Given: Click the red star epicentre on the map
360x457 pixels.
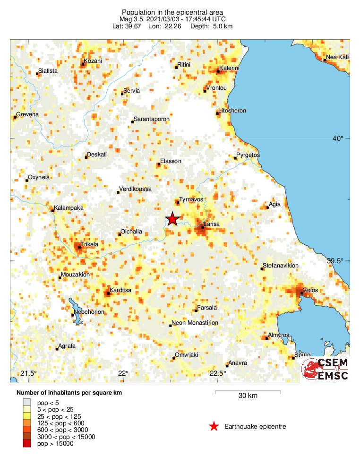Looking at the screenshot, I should [x=172, y=219].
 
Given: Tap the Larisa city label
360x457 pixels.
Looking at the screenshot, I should [x=212, y=224].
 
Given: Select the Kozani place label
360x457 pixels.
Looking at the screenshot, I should [x=93, y=61].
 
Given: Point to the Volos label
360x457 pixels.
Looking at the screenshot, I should [x=310, y=290].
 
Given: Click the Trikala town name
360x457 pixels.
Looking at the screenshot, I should [x=89, y=244].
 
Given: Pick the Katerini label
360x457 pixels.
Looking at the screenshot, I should [x=230, y=69].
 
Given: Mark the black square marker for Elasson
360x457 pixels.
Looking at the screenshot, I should [x=159, y=164].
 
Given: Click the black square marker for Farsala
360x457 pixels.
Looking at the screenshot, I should [x=196, y=310].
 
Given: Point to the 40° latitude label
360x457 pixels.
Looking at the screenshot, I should [x=338, y=138].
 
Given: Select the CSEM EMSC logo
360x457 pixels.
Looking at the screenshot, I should [x=326, y=369].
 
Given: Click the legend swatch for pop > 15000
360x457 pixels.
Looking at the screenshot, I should [x=26, y=443].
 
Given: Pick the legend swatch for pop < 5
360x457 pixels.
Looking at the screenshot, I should [x=26, y=402].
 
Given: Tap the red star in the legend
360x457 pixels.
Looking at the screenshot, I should [x=214, y=427].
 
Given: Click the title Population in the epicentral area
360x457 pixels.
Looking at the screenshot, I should [x=172, y=12].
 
